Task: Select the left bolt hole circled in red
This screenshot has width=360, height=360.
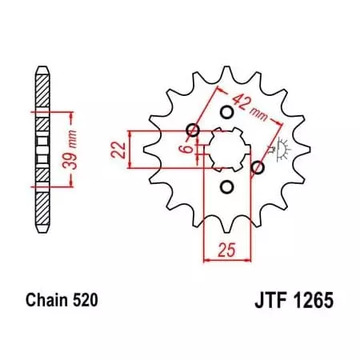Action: [193, 130]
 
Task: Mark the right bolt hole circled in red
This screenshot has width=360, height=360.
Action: [258, 168]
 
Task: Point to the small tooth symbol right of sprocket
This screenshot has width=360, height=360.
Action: [280, 150]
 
